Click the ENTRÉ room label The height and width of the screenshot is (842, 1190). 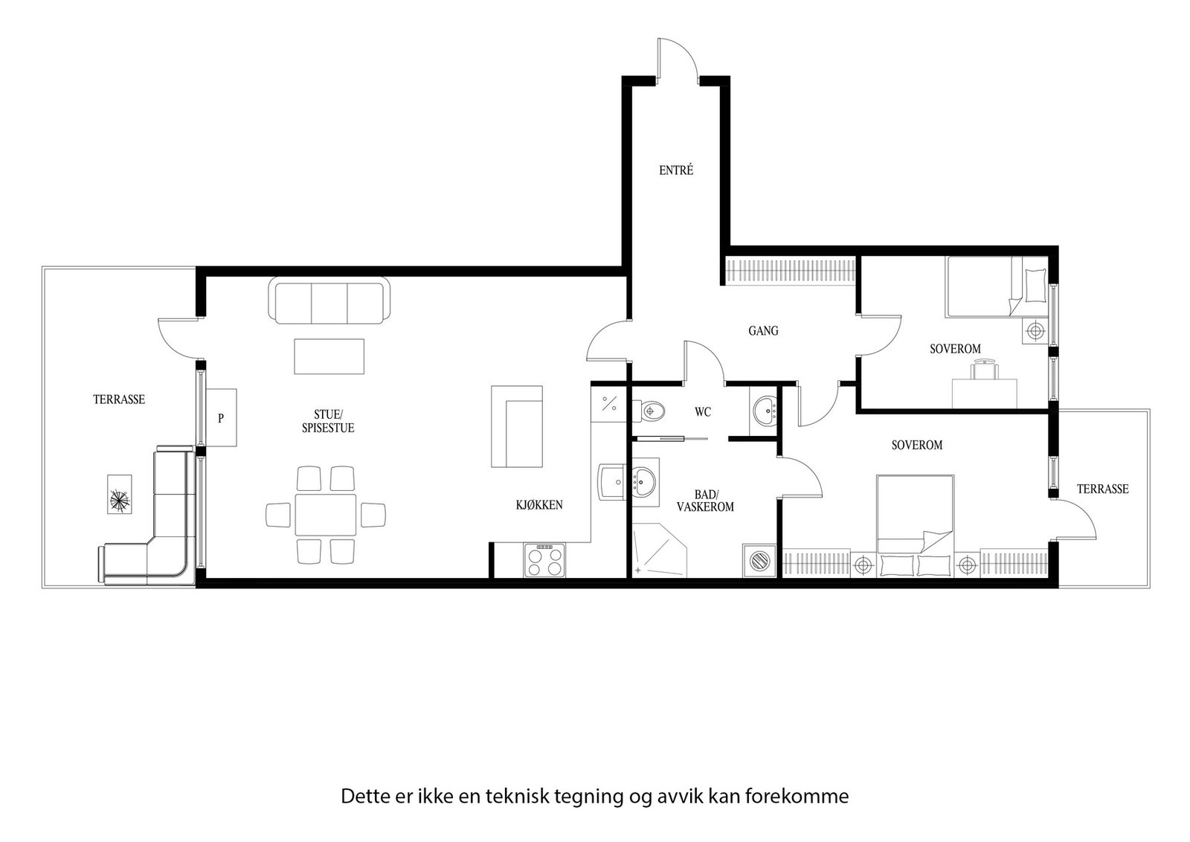[676, 170]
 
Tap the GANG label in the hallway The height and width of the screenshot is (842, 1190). [763, 330]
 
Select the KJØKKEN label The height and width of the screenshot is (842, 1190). [539, 505]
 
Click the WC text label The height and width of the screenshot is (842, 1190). [703, 411]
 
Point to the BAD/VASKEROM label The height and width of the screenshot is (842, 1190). [705, 501]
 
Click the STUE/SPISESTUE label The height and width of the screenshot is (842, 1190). [328, 421]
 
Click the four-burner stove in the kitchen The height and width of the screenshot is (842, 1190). [544, 559]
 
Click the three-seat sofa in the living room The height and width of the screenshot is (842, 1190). [329, 301]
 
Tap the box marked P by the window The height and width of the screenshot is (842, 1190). [222, 418]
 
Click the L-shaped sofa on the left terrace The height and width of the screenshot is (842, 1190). [160, 536]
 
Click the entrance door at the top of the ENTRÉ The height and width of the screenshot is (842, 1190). [677, 60]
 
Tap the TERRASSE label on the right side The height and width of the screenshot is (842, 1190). [1102, 489]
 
